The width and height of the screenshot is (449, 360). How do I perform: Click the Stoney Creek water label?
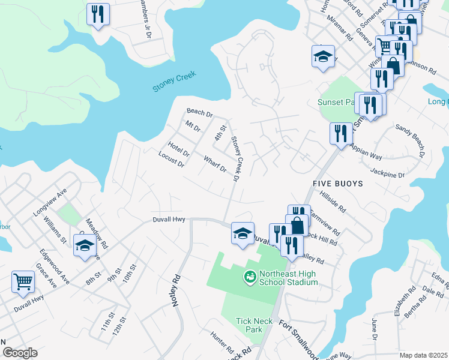(x=174, y=82)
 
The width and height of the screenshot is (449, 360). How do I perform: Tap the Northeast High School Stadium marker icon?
(x=248, y=277)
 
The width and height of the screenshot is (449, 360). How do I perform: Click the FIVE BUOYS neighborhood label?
(x=338, y=183)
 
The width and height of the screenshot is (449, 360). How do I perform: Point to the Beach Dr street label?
(x=199, y=112)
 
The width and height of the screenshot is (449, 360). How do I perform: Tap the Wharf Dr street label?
(x=214, y=164)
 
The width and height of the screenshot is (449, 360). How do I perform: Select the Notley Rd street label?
(x=176, y=291)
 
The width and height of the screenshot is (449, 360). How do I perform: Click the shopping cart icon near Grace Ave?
(x=23, y=280)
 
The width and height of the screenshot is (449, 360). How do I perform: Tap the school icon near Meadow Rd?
(x=85, y=245)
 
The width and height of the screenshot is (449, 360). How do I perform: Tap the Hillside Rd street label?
(x=333, y=202)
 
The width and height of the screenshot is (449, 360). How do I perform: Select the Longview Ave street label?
(x=50, y=203)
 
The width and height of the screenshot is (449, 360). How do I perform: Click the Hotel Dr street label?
(x=178, y=147)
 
